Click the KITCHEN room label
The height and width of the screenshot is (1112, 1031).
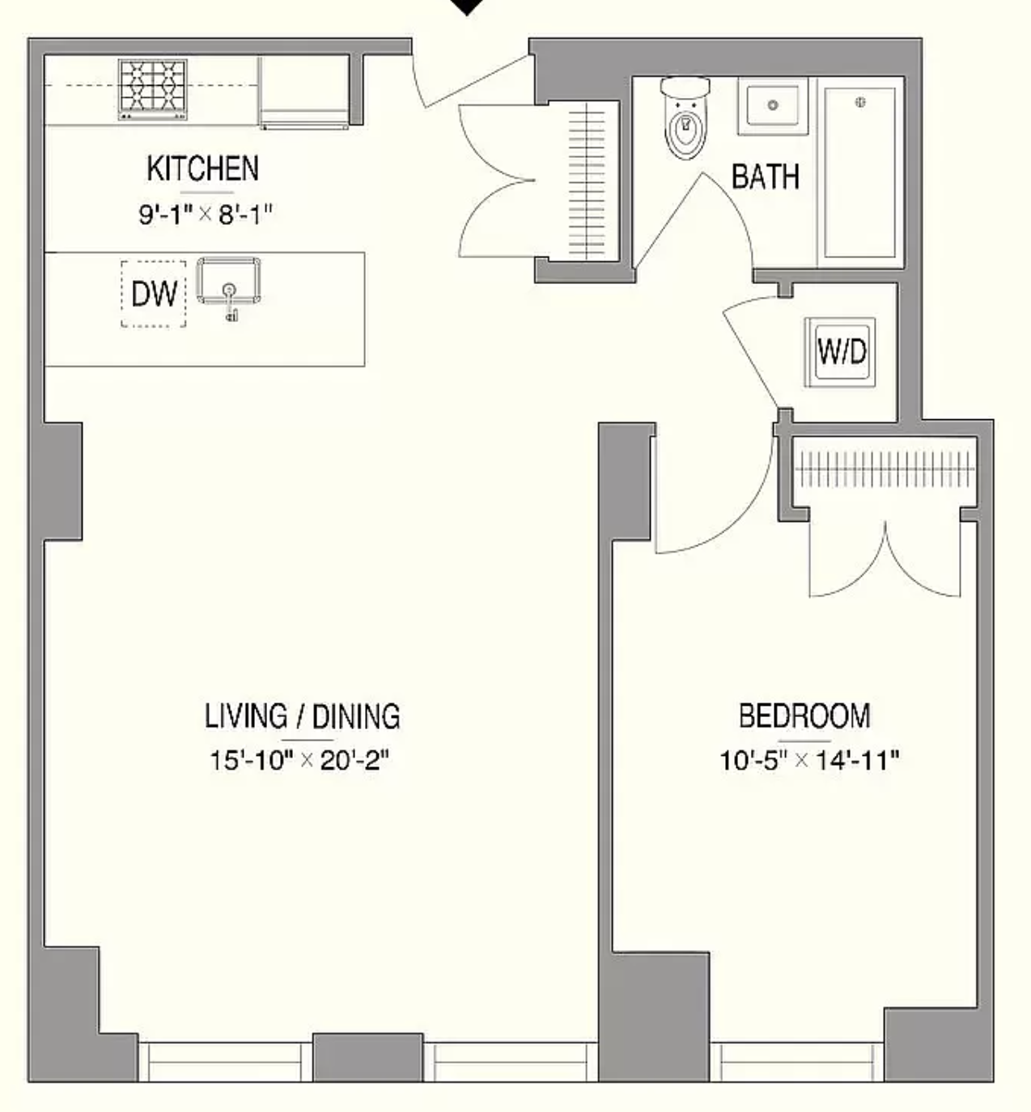pos(202,169)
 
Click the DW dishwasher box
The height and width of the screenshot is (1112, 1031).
pos(154,294)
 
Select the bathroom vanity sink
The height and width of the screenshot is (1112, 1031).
pos(772,106)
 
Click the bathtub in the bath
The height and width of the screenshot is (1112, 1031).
pos(860,172)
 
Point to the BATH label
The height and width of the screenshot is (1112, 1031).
pos(765,176)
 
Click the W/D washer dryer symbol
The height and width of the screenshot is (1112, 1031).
pos(842,352)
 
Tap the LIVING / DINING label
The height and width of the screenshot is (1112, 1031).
pos(302,717)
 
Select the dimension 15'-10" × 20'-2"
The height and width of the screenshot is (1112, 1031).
pos(300,761)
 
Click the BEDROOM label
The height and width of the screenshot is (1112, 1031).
pos(804,716)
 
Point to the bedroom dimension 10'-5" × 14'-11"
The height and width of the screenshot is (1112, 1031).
pos(810,761)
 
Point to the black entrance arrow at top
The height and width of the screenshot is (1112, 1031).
pos(467,6)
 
